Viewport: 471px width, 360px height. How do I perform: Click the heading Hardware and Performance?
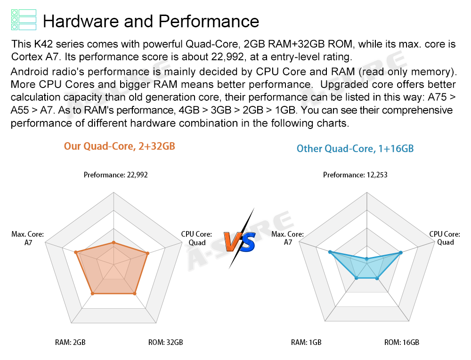point(151,21)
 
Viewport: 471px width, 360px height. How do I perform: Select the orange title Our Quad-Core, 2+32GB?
point(120,146)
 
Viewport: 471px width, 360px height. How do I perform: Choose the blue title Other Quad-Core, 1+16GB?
point(355,149)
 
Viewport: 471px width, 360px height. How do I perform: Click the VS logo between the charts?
point(239,240)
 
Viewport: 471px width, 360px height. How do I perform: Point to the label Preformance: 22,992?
point(116,175)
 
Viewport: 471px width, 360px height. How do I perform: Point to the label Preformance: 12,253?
point(355,175)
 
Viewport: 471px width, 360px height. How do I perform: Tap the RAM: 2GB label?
point(70,342)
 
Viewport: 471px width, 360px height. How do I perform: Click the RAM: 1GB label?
point(306,342)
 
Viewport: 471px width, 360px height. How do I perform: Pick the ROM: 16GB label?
point(402,342)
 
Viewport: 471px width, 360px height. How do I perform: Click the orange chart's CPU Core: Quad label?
point(197,238)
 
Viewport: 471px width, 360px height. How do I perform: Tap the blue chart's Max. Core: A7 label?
point(288,238)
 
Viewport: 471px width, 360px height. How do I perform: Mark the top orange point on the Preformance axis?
point(113,243)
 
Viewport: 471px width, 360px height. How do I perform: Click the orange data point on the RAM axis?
point(93,294)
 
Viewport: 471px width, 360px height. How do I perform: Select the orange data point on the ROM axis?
point(135,294)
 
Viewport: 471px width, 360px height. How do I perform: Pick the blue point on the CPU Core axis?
point(401,253)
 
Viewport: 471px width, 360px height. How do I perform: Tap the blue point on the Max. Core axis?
point(330,252)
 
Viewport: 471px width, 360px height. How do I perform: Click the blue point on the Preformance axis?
point(367,259)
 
